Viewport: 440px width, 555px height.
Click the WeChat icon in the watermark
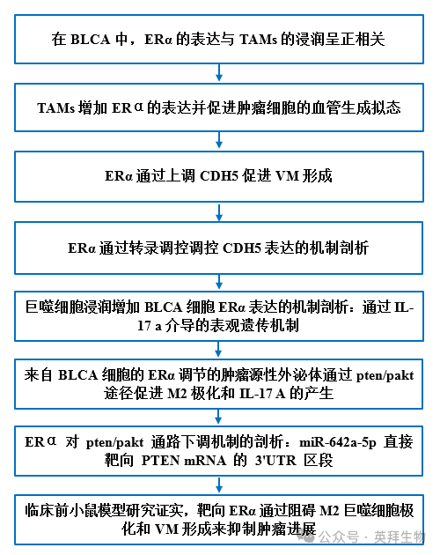pos(307,536)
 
